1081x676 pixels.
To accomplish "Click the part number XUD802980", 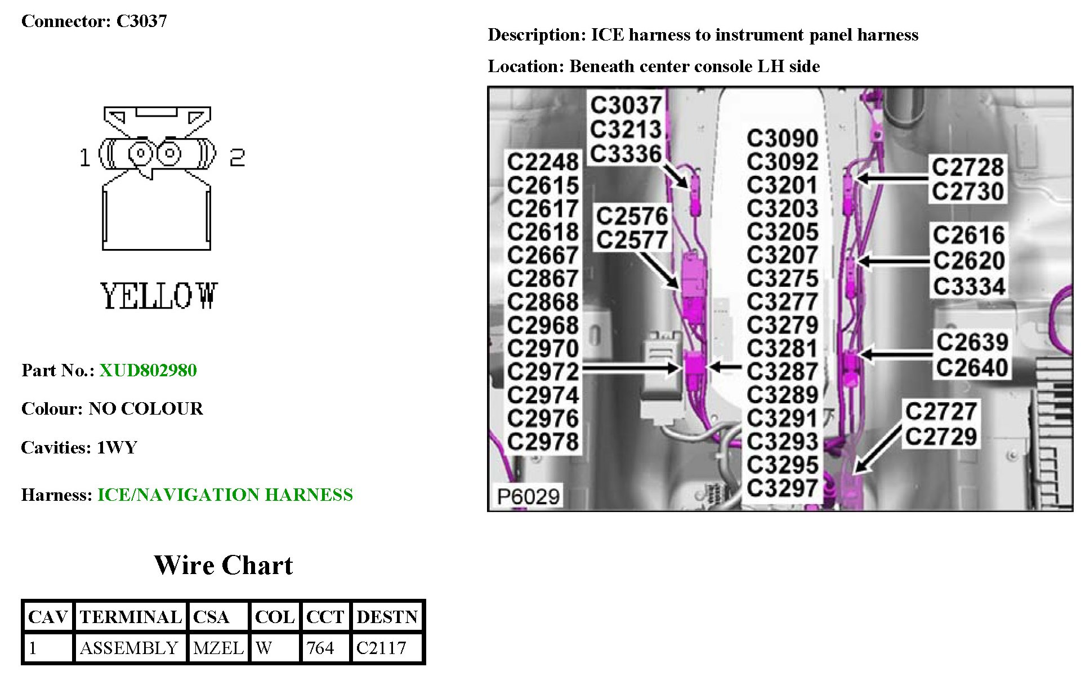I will point(148,370).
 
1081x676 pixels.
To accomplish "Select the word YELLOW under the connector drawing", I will point(159,296).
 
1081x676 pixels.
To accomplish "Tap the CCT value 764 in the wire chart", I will point(320,648).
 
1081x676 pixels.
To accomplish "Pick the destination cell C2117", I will point(381,648).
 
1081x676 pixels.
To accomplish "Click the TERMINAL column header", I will point(131,617).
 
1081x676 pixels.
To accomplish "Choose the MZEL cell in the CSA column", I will point(218,648).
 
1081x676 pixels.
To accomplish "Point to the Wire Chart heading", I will point(224,566).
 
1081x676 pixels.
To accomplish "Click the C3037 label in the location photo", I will point(626,105).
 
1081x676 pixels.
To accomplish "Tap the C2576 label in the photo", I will point(632,216).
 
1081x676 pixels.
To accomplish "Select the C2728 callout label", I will point(967,167).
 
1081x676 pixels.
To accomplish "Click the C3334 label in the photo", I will point(969,286).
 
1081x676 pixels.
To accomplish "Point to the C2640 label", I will point(972,368).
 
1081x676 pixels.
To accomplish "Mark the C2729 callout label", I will point(941,437).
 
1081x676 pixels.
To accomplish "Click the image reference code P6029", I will point(528,496).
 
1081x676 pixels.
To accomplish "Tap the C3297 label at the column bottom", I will point(782,488).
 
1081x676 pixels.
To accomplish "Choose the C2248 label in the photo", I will point(543,162).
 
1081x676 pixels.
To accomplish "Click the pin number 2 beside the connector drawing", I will point(237,157).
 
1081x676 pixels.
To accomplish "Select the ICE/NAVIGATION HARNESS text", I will point(225,495).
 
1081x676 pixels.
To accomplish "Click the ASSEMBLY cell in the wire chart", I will point(129,648).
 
